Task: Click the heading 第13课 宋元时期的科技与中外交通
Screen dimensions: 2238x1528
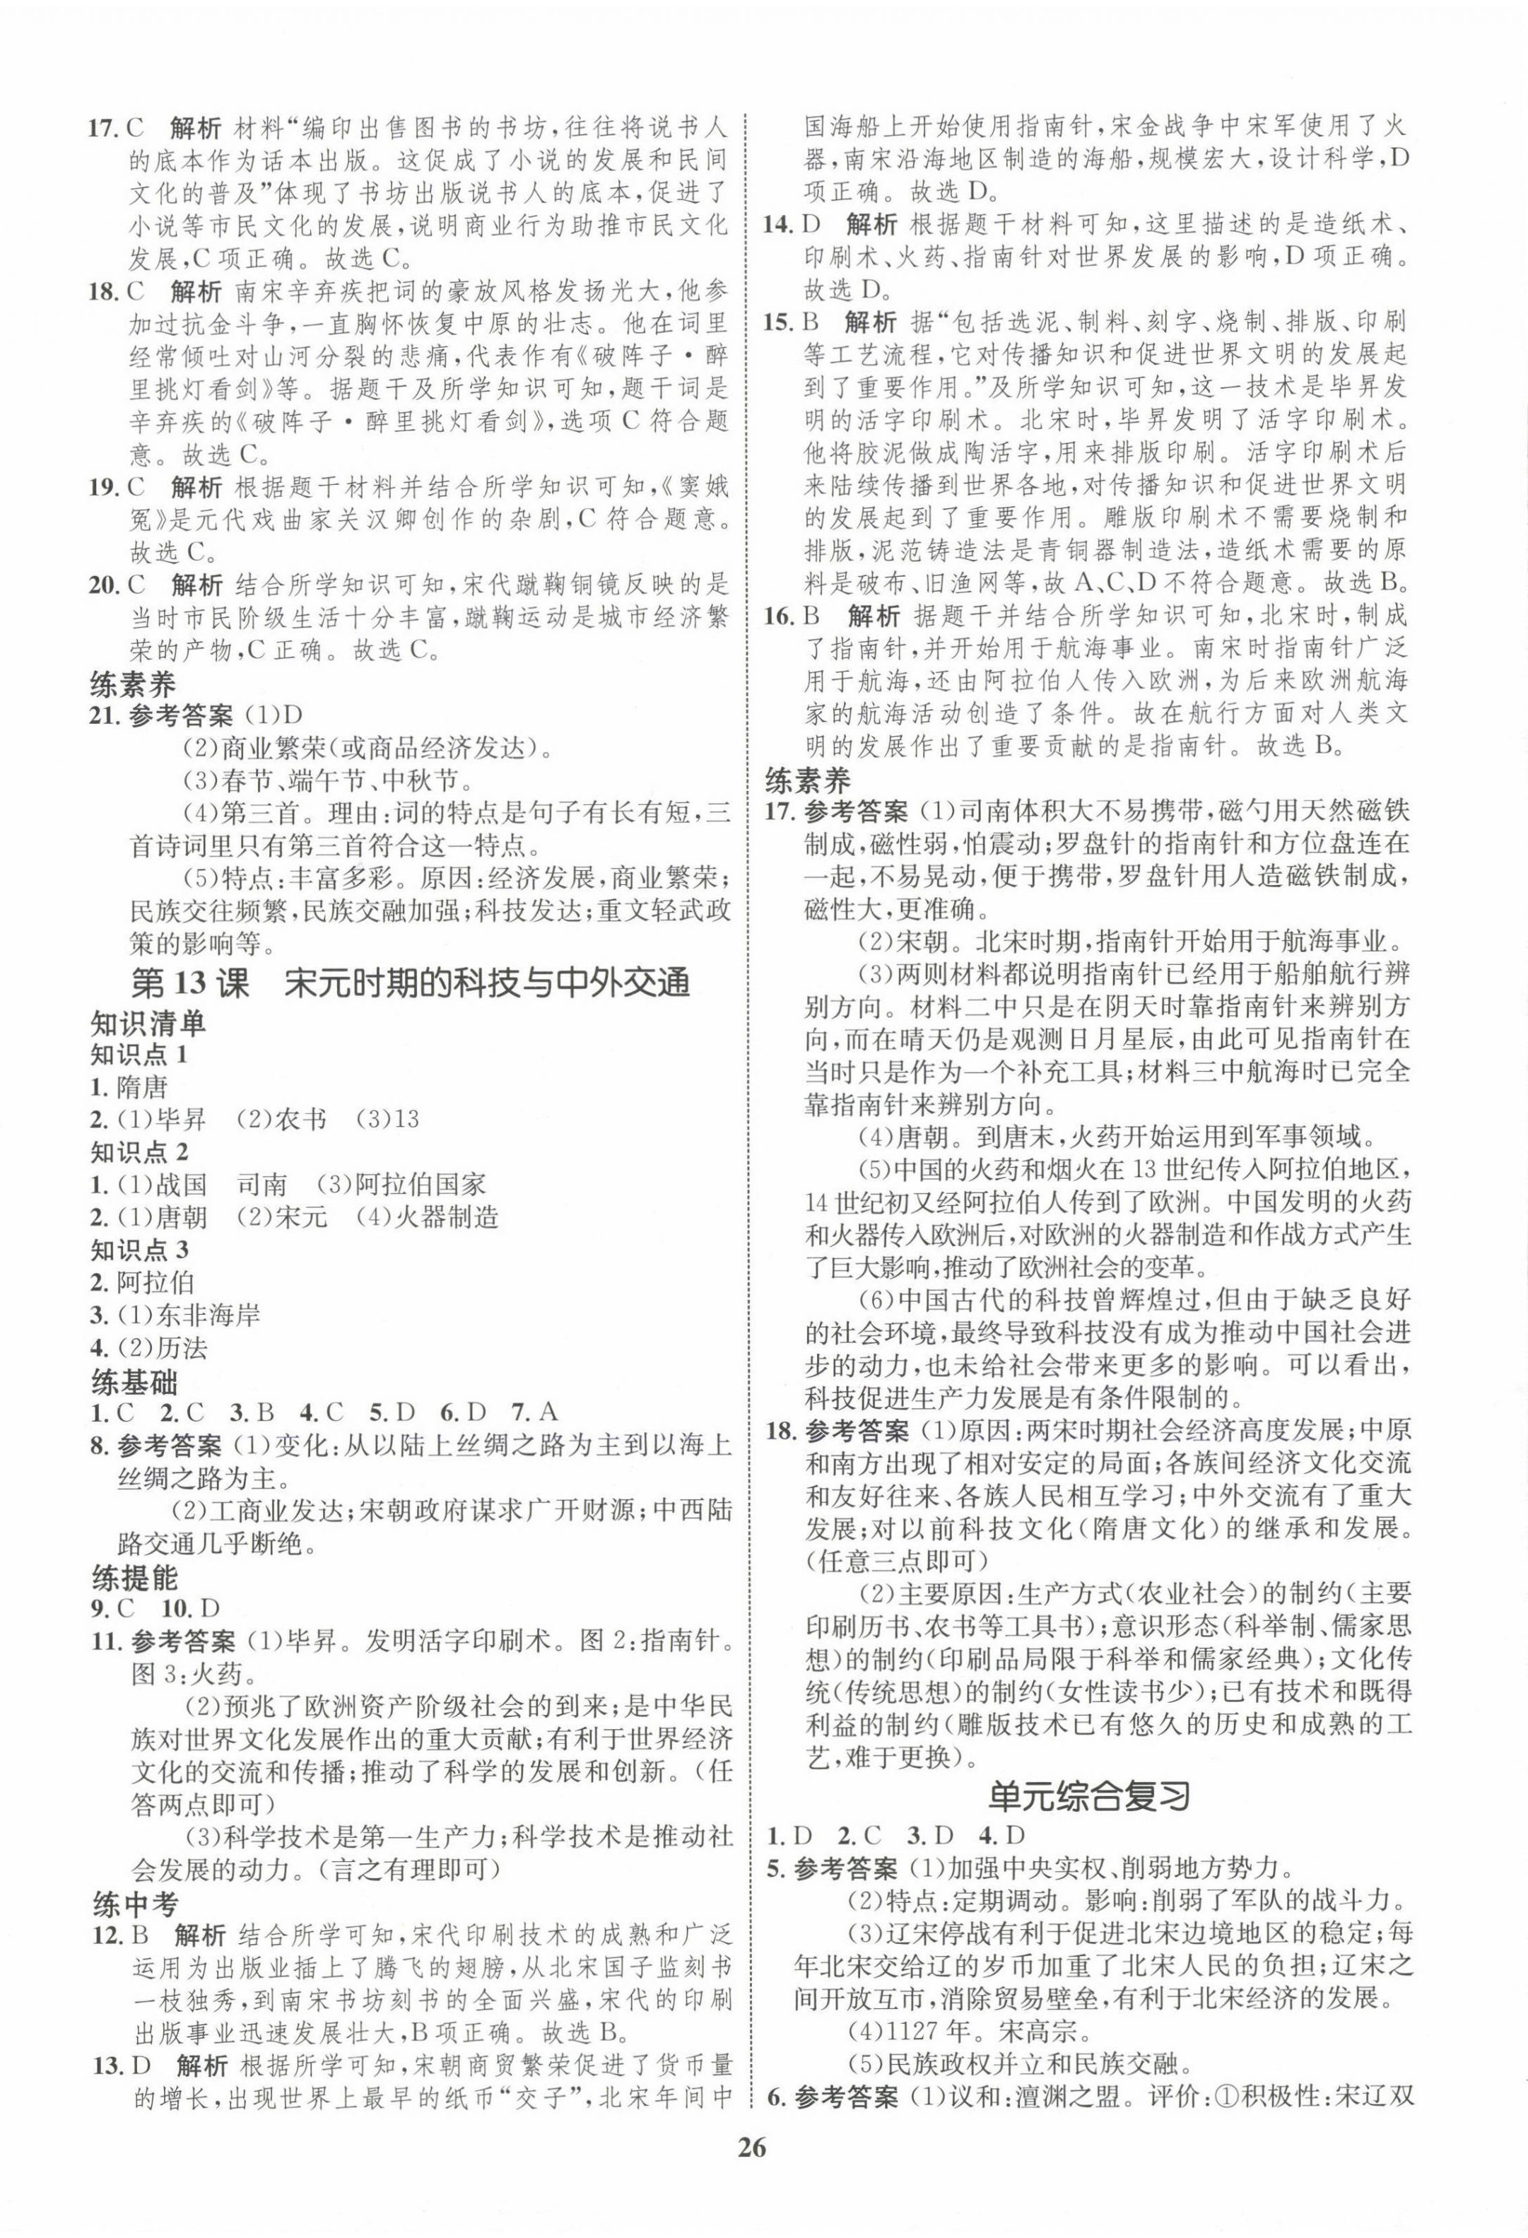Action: (411, 983)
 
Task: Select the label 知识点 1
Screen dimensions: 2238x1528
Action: (139, 1055)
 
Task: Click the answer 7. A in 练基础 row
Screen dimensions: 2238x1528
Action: (535, 1414)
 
